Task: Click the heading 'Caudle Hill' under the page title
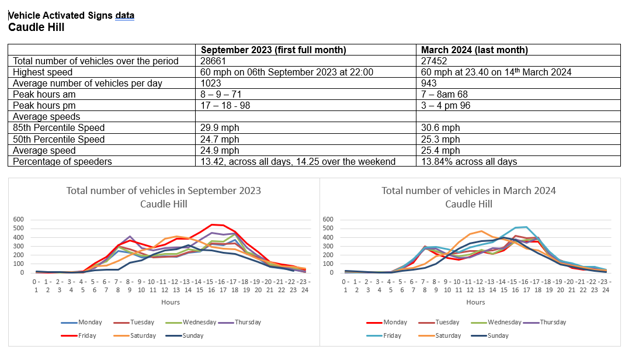36,27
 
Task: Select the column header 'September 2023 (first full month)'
273,50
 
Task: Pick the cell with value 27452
434,61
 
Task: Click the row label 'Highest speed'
43,72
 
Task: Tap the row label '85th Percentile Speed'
58,128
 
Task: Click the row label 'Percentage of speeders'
62,161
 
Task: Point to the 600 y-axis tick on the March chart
328,220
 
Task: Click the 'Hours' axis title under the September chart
171,302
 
